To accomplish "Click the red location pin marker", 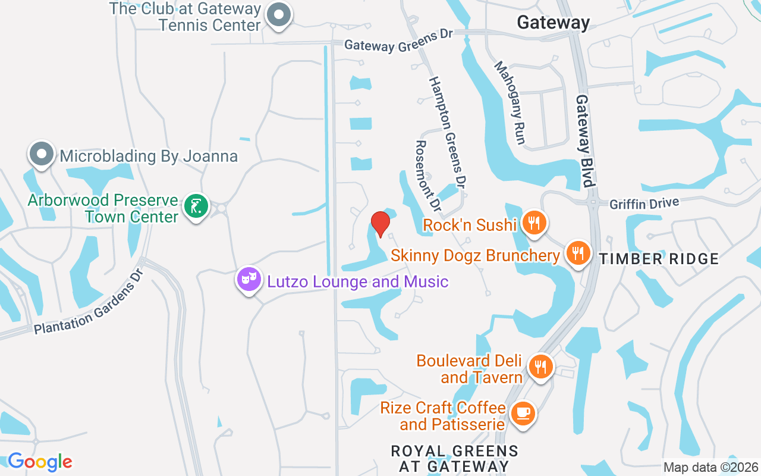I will [x=380, y=224].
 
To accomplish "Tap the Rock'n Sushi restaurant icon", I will [x=534, y=223].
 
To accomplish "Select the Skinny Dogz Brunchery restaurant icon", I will [x=577, y=253].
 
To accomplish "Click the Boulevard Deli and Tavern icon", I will [x=540, y=366].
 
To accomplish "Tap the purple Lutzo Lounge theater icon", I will [x=249, y=278].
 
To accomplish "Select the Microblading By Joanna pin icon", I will [x=42, y=154].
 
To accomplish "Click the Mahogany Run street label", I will [x=510, y=102].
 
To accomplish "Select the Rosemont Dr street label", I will [x=427, y=176].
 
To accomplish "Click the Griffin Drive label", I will [x=644, y=204].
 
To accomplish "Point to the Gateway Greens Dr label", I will [x=398, y=40].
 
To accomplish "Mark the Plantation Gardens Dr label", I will [x=89, y=303].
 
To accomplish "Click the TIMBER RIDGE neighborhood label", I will [x=659, y=259].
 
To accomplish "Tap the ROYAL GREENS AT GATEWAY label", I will [x=454, y=458].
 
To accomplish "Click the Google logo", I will [x=40, y=462].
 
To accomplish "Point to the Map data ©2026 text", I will [x=711, y=467].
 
